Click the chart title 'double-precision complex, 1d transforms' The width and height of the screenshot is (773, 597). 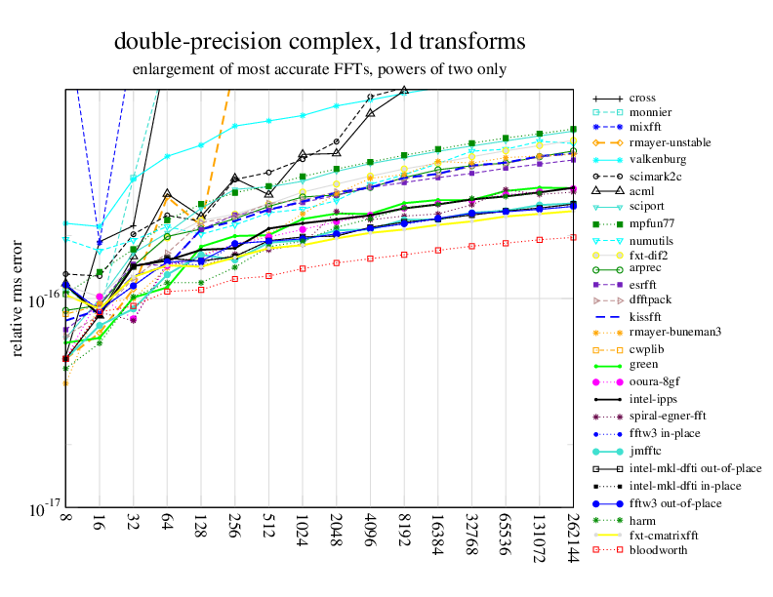coord(320,42)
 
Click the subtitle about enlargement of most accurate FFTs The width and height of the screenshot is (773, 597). coord(319,70)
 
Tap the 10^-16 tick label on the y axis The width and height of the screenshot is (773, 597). coord(42,300)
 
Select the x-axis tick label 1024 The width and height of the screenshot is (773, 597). coord(303,527)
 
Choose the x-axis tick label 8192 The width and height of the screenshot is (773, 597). coord(403,527)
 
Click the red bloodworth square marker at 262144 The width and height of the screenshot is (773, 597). coord(572,237)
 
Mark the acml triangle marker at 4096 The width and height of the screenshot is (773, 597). coord(370,113)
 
